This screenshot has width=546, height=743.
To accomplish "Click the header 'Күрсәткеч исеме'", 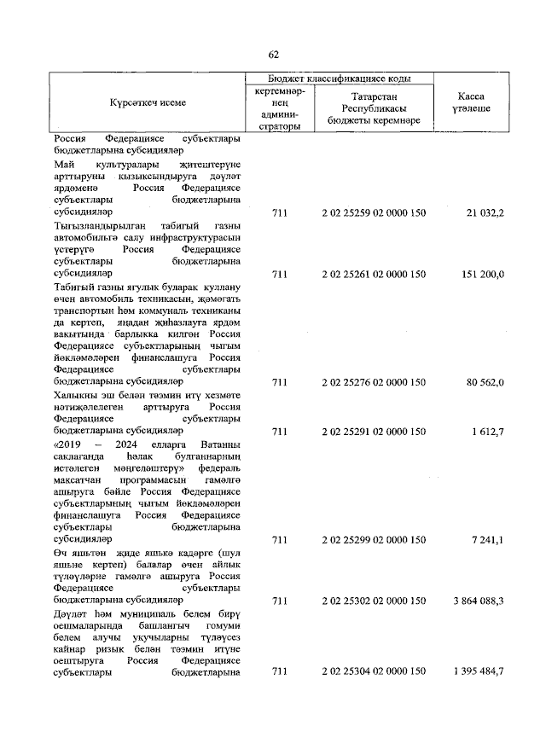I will [x=148, y=102].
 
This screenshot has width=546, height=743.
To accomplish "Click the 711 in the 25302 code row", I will [x=278, y=601].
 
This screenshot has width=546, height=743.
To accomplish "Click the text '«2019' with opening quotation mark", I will [x=70, y=444].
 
